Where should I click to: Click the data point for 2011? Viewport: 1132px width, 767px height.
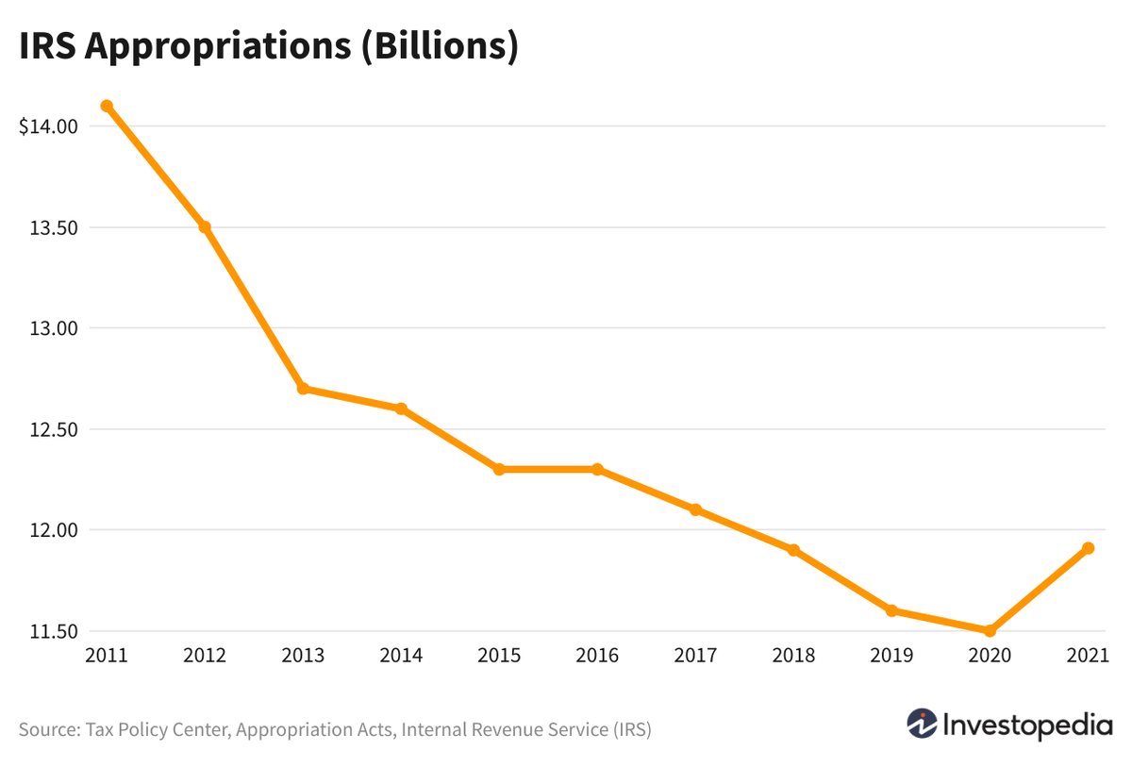point(107,106)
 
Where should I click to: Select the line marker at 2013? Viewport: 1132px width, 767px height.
point(303,389)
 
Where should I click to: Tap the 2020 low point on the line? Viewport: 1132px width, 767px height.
point(990,631)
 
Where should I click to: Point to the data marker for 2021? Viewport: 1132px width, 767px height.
point(1088,548)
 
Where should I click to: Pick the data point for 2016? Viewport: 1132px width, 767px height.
point(597,469)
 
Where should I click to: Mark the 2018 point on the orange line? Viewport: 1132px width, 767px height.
point(793,550)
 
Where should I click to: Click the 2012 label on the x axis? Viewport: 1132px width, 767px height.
point(205,656)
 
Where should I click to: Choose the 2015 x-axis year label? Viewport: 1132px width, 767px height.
point(499,656)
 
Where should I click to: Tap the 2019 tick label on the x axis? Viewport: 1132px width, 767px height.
point(891,656)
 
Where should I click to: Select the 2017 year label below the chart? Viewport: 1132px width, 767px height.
point(695,656)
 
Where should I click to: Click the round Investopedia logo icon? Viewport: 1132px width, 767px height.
point(922,724)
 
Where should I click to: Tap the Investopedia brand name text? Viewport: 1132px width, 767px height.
point(1028,725)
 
